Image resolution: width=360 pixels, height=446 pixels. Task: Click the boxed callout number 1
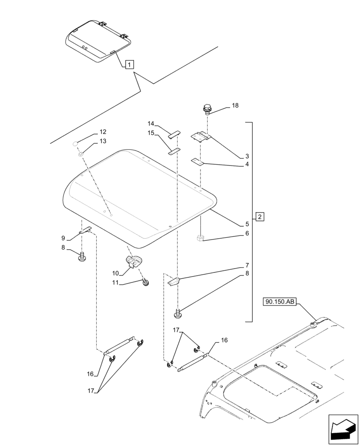pos(128,65)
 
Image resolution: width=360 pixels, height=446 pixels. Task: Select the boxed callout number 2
pos(260,217)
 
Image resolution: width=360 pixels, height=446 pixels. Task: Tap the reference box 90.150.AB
pos(280,302)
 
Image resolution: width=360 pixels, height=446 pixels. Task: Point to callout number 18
pos(235,106)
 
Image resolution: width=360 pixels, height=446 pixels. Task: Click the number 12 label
pos(103,132)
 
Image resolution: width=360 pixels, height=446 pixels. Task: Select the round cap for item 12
pos(76,143)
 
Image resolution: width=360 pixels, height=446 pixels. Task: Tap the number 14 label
pos(151,124)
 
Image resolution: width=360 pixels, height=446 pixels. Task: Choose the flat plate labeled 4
pos(197,161)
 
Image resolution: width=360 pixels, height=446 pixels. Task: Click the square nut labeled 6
pos(200,238)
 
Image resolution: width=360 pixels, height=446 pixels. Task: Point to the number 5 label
pos(246,224)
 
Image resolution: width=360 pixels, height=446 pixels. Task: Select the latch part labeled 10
pos(133,263)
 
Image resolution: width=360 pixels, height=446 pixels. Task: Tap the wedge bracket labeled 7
pos(174,282)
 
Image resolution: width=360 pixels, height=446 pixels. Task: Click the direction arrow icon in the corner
pos(344,430)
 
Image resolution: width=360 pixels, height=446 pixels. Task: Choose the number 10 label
pos(115,273)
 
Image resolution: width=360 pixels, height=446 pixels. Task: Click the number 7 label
pos(246,265)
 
